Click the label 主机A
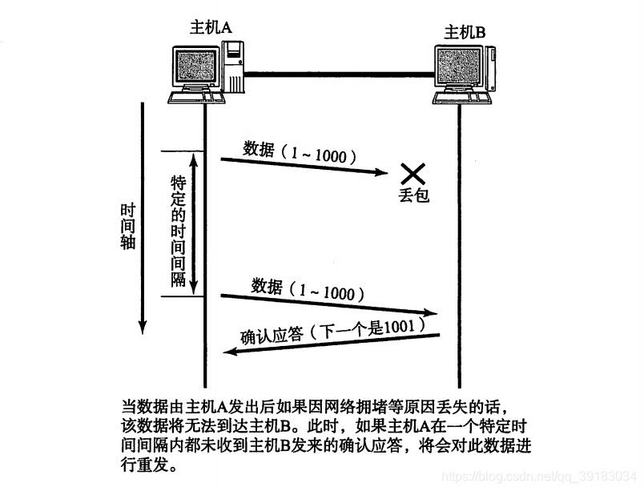coord(211,27)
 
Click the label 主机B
coord(465,34)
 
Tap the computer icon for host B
coord(461,76)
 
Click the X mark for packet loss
coord(413,172)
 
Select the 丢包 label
coord(413,195)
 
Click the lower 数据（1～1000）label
coord(308,288)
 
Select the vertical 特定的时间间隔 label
coord(179,231)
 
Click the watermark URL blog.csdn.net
coord(545,477)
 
